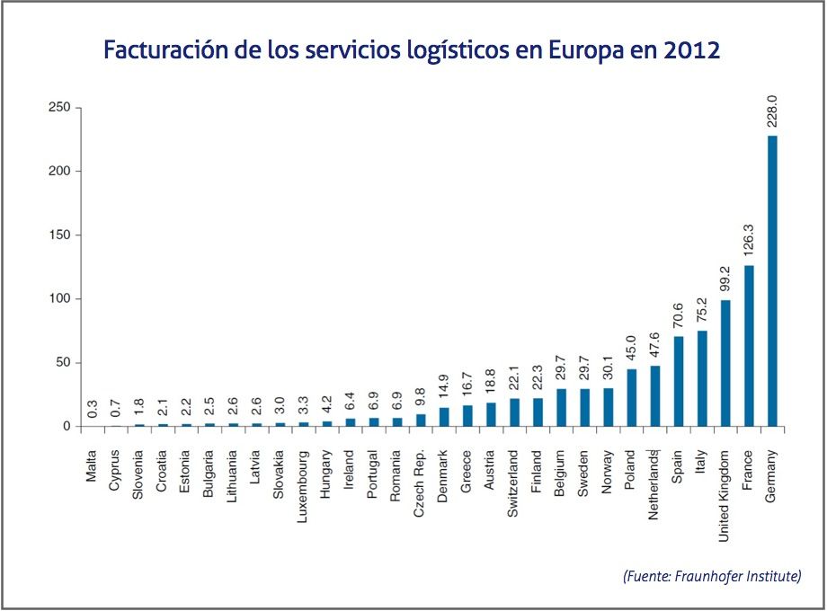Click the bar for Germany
click(773, 280)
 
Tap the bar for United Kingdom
click(725, 363)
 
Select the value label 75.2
click(702, 311)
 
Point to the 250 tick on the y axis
click(60, 108)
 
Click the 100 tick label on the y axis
click(60, 299)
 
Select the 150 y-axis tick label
click(60, 235)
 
